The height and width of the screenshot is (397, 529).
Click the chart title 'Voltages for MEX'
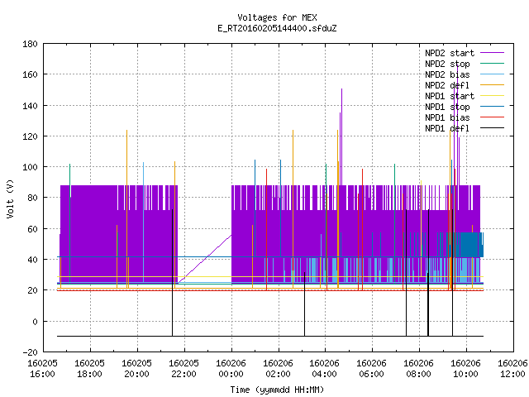pyautogui.click(x=277, y=17)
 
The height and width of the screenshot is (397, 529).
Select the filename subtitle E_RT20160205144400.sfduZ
pyautogui.click(x=277, y=28)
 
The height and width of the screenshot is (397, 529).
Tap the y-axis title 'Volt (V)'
pyautogui.click(x=10, y=198)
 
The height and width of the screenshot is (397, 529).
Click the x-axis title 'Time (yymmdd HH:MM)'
pyautogui.click(x=277, y=390)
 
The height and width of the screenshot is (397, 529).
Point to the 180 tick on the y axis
pyautogui.click(x=30, y=44)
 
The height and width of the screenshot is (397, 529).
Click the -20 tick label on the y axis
pyautogui.click(x=30, y=352)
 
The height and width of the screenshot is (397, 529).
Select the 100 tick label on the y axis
pyautogui.click(x=30, y=167)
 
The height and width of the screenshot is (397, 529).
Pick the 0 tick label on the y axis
pyautogui.click(x=35, y=322)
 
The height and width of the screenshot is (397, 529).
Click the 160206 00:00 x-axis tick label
pyautogui.click(x=231, y=369)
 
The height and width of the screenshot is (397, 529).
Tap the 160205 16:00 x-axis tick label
pyautogui.click(x=42, y=369)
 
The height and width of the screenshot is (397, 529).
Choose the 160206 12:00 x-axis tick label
pyautogui.click(x=512, y=369)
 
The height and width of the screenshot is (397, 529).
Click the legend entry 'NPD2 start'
pyautogui.click(x=465, y=53)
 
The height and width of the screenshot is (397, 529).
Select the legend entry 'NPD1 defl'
pyautogui.click(x=465, y=128)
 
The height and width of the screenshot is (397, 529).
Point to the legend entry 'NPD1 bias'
pyautogui.click(x=465, y=117)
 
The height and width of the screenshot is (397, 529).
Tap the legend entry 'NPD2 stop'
pyautogui.click(x=465, y=64)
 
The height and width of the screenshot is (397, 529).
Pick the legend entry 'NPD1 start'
pyautogui.click(x=465, y=96)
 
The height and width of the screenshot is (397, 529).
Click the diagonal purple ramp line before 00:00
pyautogui.click(x=205, y=259)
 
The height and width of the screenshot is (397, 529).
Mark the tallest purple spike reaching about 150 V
pyautogui.click(x=341, y=136)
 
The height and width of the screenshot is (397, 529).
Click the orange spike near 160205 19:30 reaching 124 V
pyautogui.click(x=126, y=209)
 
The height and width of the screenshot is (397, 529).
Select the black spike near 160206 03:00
pyautogui.click(x=305, y=304)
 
